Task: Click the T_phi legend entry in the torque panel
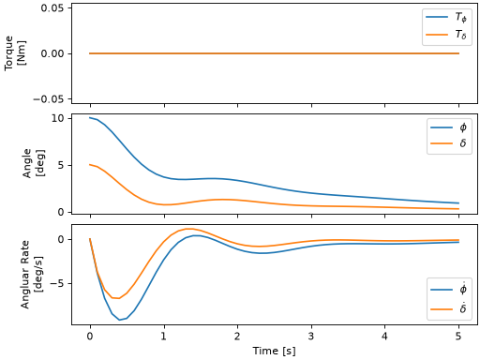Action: (x=446, y=17)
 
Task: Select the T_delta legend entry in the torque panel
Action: (x=446, y=35)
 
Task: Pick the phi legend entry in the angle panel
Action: (x=449, y=127)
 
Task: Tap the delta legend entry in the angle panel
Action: (x=449, y=143)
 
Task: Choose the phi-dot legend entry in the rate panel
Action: (x=449, y=290)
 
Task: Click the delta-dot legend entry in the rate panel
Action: (x=449, y=309)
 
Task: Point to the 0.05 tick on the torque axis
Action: (x=52, y=7)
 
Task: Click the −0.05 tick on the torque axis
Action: (x=49, y=99)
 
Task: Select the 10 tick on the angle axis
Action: (x=57, y=118)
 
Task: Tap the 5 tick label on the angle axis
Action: (x=61, y=165)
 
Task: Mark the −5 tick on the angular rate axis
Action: (x=57, y=284)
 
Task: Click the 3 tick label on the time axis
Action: (x=311, y=337)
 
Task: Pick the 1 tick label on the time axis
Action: (x=164, y=337)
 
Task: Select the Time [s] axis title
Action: (x=274, y=351)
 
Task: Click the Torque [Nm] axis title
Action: (x=15, y=53)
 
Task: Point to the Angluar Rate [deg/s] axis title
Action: (x=32, y=275)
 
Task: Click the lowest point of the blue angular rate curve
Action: (x=119, y=320)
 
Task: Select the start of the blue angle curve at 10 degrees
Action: (x=90, y=117)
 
